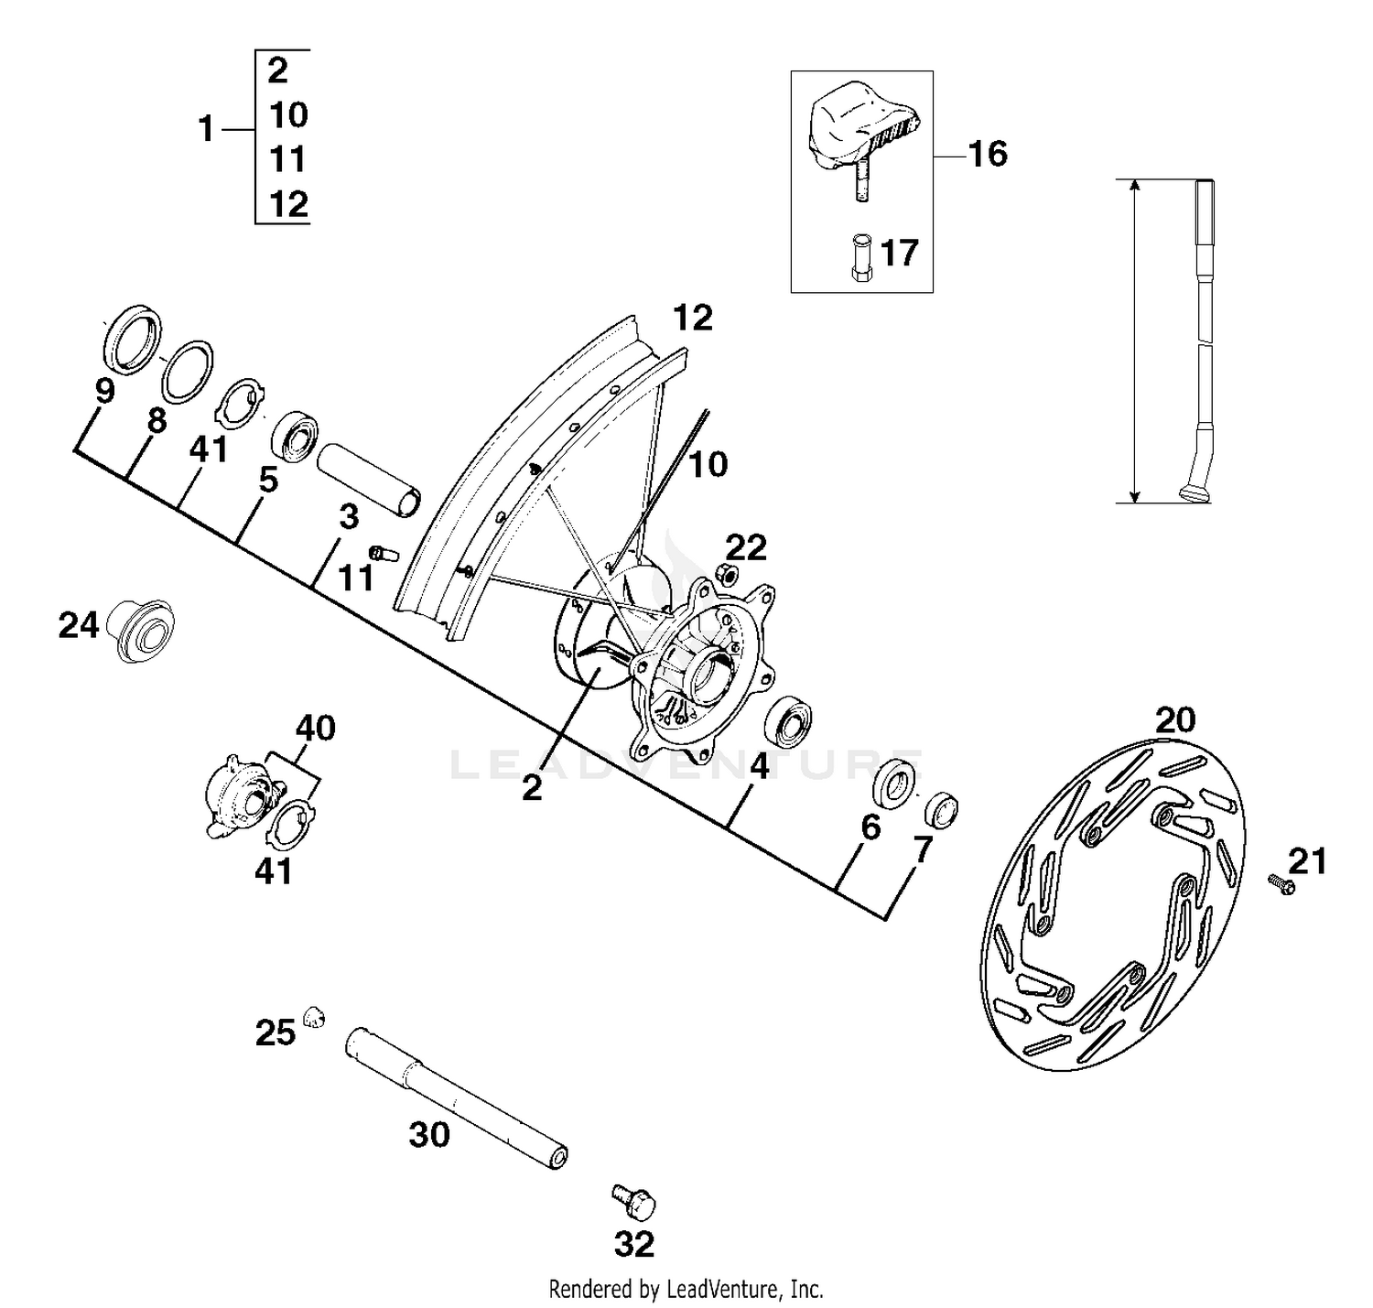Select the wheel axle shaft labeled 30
point(456,1097)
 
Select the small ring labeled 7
point(942,808)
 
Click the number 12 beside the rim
point(692,318)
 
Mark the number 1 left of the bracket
point(206,129)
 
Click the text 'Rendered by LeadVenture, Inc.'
point(686,1290)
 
